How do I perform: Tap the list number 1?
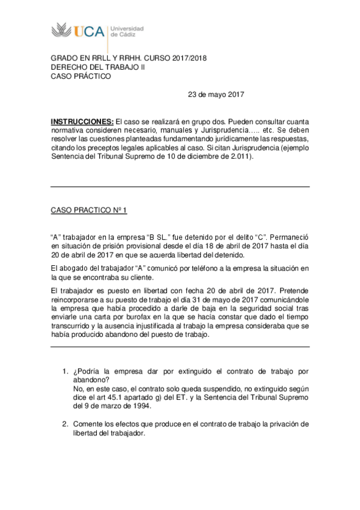tap(66, 372)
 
